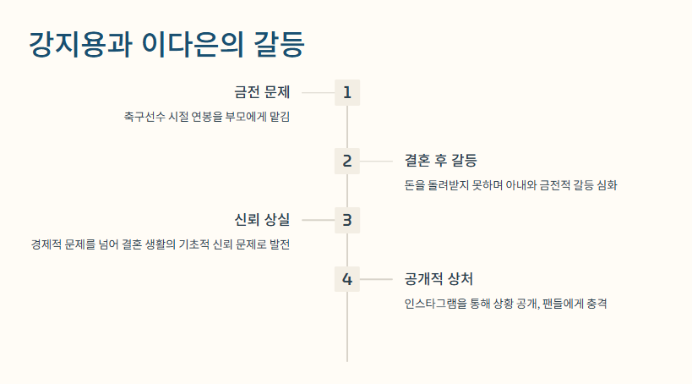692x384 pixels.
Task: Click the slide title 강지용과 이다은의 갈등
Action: (x=166, y=44)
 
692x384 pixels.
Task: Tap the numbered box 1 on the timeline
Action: (x=347, y=92)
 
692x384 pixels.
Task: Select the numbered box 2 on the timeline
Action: (x=347, y=161)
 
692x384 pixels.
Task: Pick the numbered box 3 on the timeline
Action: (x=347, y=220)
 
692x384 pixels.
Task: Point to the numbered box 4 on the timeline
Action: (x=347, y=279)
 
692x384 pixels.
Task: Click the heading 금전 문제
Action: (x=262, y=92)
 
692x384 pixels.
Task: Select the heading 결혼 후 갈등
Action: (x=441, y=161)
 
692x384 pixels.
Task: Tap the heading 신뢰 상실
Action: (x=262, y=220)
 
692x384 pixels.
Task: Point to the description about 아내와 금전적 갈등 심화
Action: (x=511, y=185)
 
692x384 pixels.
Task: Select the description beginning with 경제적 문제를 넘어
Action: (x=160, y=244)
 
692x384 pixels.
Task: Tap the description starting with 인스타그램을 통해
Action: (x=506, y=304)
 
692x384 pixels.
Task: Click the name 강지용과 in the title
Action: (x=80, y=44)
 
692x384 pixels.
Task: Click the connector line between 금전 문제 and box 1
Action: (x=318, y=92)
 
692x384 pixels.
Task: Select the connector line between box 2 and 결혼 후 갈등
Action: (x=376, y=161)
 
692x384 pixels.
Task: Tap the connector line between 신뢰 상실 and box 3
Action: (x=318, y=220)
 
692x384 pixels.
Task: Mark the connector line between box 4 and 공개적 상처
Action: (x=376, y=279)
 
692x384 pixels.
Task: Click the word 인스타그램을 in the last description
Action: (x=436, y=304)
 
